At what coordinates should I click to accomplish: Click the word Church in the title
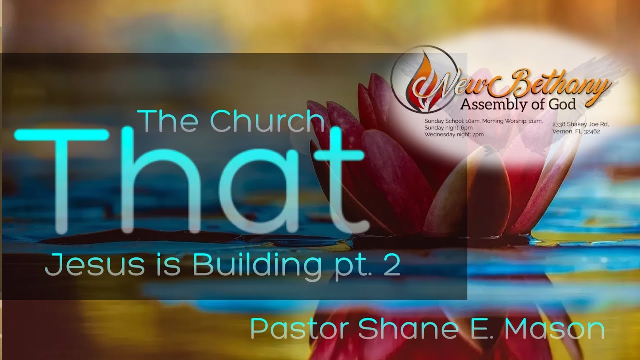coord(267,121)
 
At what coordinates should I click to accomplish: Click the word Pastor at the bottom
coord(300,329)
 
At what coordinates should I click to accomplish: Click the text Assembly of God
coord(518,104)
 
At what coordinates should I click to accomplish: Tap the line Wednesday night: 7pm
coord(454,135)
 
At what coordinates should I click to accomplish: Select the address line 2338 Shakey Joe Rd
coord(580,124)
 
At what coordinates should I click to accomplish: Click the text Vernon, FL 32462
coord(576,132)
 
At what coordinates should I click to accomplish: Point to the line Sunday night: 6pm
coord(449,128)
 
